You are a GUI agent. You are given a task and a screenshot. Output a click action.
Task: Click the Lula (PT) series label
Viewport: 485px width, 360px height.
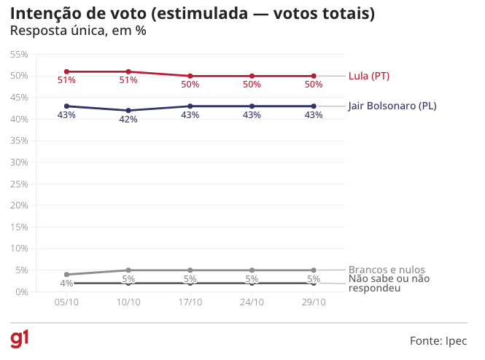point(370,76)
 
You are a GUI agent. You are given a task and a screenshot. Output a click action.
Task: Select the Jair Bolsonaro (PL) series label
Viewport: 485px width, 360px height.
point(392,106)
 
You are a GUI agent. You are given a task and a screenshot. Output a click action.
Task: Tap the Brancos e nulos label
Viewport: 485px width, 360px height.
point(387,270)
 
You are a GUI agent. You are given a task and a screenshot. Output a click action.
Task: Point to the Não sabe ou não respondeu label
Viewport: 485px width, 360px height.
point(389,283)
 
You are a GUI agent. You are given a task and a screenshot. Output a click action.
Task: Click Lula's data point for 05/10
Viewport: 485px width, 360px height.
point(66,71)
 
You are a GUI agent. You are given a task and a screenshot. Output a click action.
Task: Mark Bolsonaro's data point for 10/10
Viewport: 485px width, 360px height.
point(128,111)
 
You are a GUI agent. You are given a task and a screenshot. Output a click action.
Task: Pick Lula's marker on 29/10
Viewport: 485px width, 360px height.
point(314,76)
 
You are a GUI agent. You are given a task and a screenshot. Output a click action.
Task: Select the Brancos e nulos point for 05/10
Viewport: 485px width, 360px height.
point(66,275)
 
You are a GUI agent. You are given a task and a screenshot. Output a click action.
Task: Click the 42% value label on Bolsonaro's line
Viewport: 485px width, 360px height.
point(128,120)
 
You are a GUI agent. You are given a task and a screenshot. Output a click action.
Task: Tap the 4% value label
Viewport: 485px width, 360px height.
point(66,283)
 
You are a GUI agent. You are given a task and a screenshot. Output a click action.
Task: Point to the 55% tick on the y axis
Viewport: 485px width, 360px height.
point(19,55)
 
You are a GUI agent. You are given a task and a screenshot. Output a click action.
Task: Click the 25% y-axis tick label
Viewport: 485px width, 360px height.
point(19,184)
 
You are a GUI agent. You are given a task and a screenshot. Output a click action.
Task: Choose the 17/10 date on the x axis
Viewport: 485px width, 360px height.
point(190,302)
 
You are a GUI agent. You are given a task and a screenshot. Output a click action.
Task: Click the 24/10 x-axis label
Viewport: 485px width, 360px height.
point(252,302)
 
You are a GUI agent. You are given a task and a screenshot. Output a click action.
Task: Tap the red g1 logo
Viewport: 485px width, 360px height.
point(20,339)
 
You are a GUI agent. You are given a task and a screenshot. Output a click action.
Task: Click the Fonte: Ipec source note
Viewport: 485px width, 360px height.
point(438,340)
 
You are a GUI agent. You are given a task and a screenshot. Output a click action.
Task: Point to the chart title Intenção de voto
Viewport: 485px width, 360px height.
point(193,14)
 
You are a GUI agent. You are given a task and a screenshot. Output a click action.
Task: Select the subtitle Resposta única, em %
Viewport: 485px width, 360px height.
point(79,31)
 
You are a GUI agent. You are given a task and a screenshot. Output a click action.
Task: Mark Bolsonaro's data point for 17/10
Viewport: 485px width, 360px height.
point(190,106)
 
